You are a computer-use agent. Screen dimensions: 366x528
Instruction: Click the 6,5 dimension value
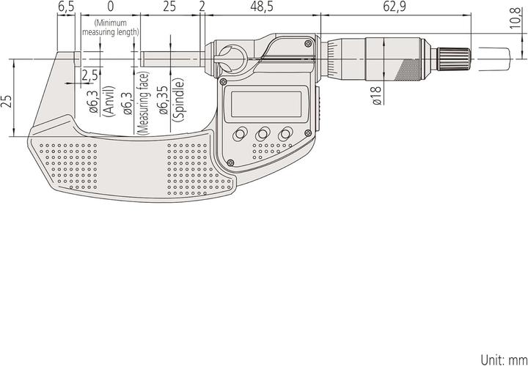(x=66, y=7)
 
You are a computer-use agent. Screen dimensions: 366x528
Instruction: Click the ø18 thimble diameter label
(x=375, y=96)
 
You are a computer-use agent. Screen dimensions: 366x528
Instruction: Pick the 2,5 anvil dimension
(x=90, y=75)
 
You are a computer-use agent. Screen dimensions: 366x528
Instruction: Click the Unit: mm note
(x=503, y=359)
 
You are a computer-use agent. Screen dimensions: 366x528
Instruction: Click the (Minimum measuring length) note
(x=111, y=28)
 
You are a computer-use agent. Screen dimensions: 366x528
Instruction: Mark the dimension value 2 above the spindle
(x=202, y=7)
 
